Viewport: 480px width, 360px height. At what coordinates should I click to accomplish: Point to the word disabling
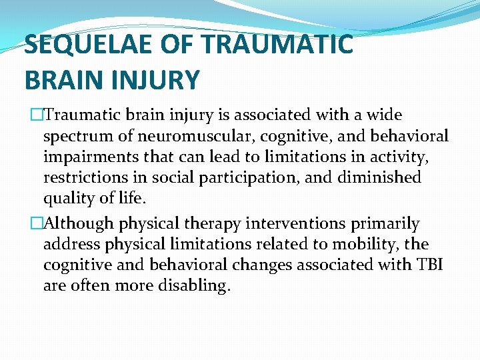(x=197, y=285)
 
